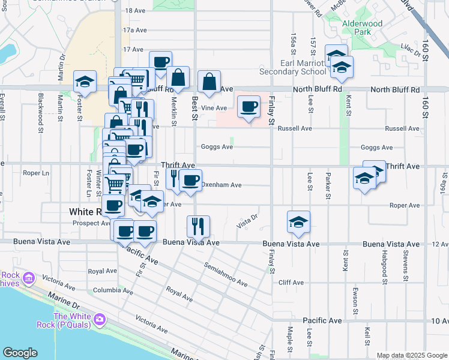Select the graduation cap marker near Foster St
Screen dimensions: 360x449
[x=85, y=82]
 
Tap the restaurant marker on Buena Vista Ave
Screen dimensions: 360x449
[x=198, y=226]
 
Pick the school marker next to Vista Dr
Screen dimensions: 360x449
[x=298, y=221]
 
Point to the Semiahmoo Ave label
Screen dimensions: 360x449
[x=225, y=274]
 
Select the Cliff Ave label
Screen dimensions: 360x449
[x=291, y=282]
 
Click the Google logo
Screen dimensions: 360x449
[x=20, y=353]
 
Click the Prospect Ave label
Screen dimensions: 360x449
[x=91, y=223]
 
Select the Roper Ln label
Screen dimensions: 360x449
[x=35, y=173]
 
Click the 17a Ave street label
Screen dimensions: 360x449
[x=134, y=29]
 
